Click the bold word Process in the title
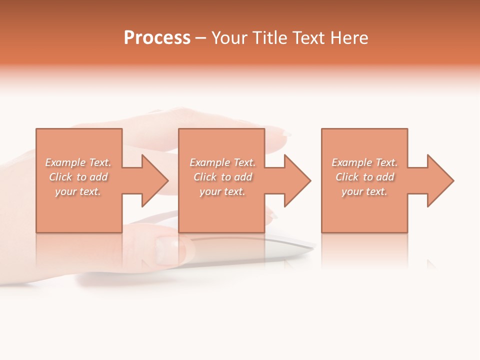tap(157, 38)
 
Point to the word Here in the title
tap(349, 38)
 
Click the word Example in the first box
tap(65, 162)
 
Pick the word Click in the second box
tap(204, 177)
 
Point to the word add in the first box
tap(99, 177)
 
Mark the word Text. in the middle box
tap(243, 162)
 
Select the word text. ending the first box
tap(90, 191)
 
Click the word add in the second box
tap(243, 177)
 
